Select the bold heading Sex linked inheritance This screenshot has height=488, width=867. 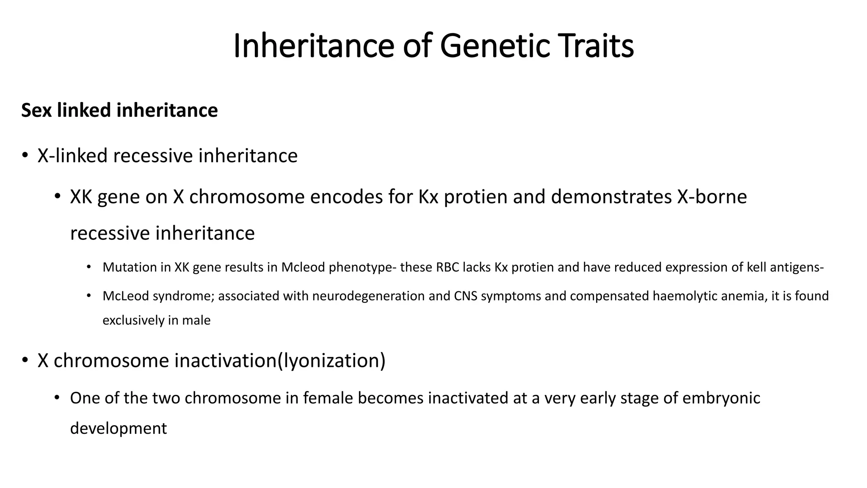pos(119,110)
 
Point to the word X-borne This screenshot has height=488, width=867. pos(712,197)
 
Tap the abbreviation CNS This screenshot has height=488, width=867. pos(466,296)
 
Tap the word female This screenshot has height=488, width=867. pos(329,398)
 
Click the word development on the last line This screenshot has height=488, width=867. pos(118,428)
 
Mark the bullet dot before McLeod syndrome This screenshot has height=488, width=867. pos(88,296)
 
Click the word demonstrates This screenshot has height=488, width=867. pos(611,197)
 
